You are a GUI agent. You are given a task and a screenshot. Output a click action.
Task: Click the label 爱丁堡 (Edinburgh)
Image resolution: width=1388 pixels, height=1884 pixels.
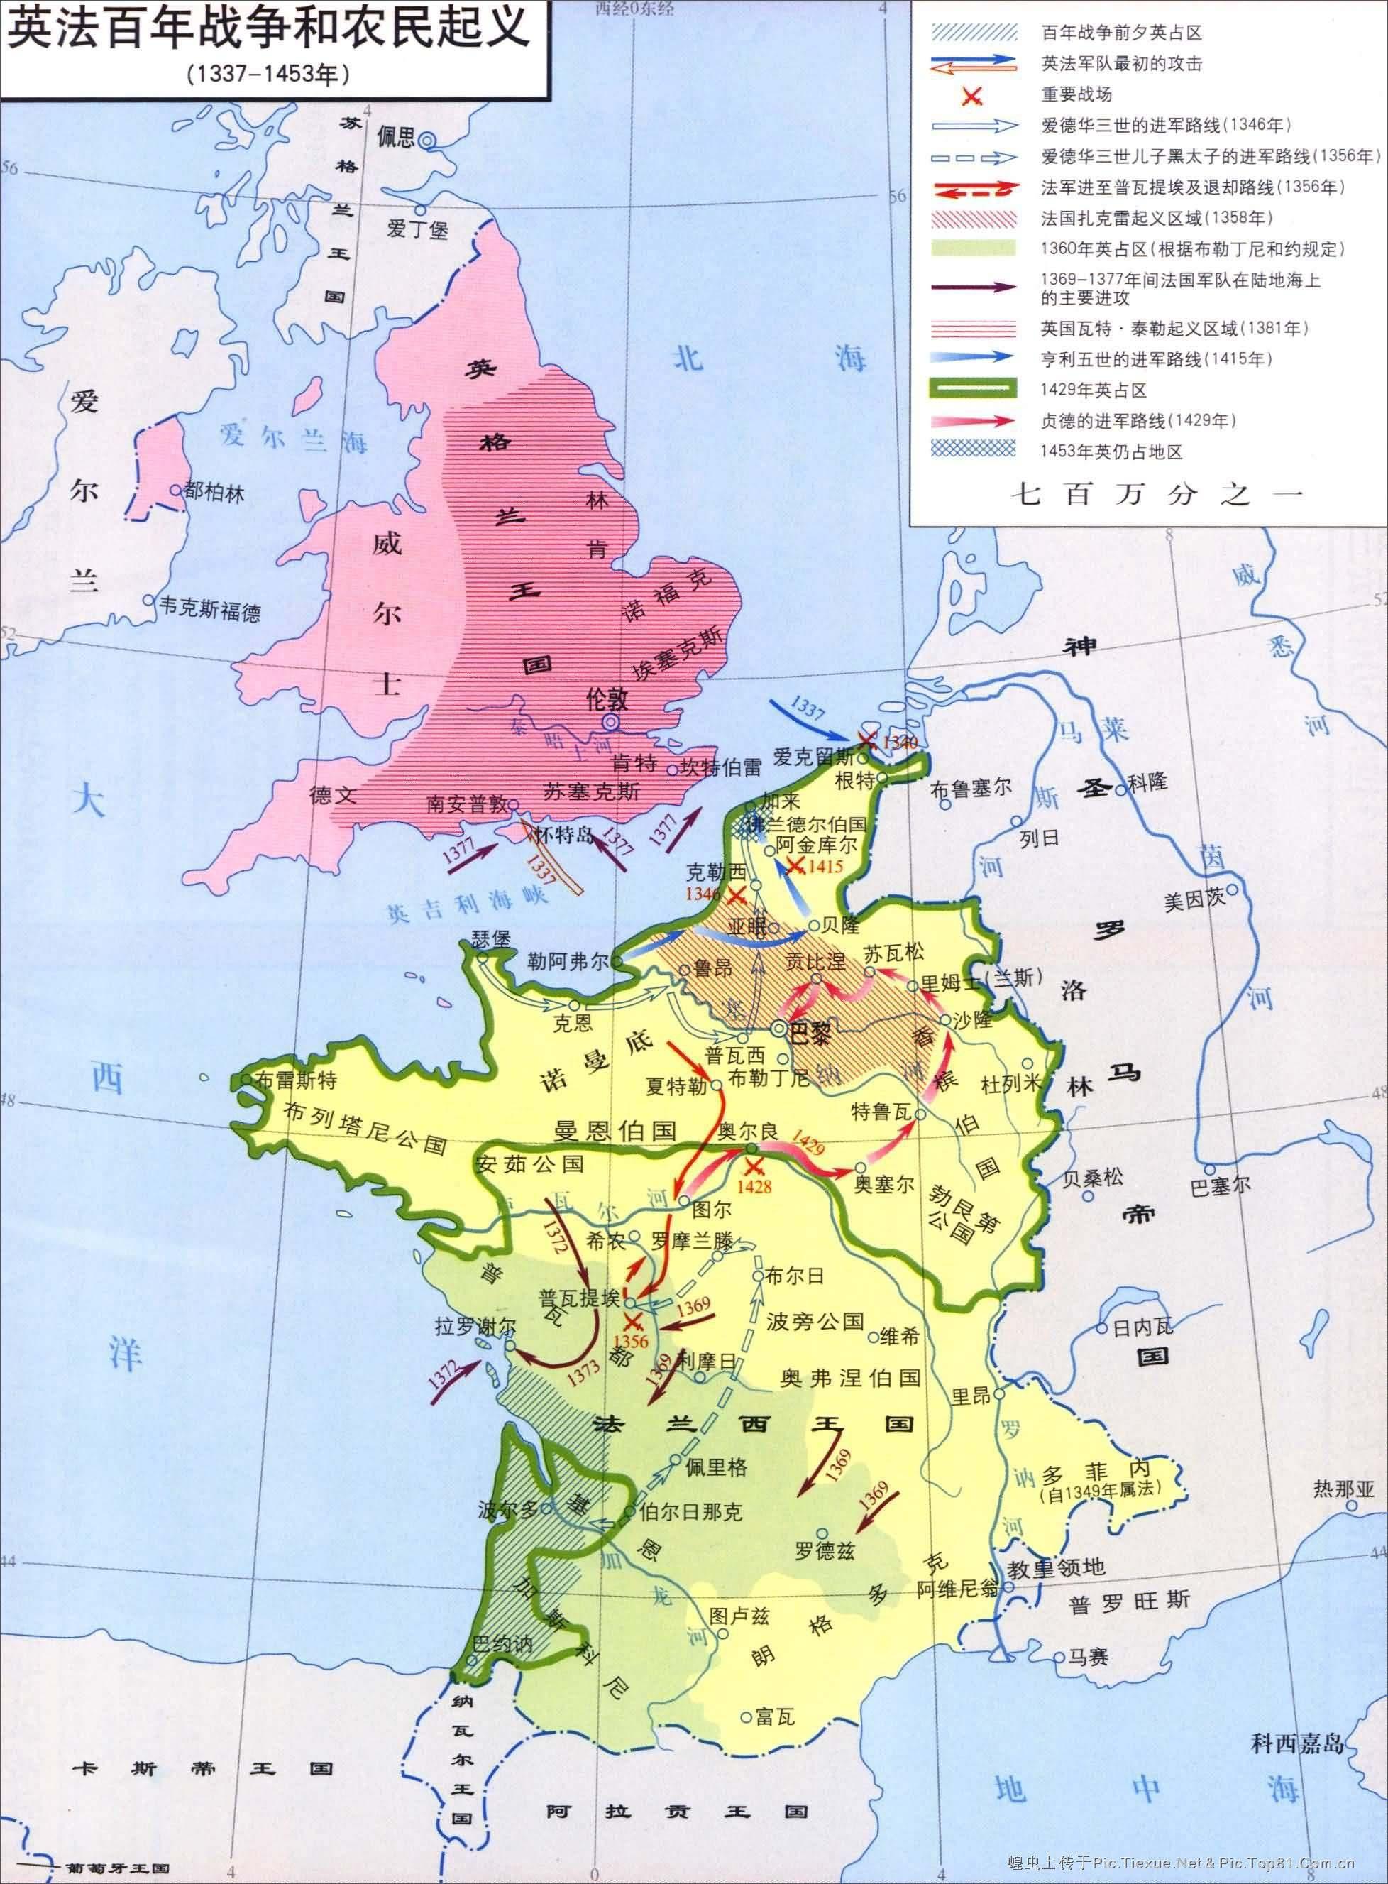[x=417, y=229]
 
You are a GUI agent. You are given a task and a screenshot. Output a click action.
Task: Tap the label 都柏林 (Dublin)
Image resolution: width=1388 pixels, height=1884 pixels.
[x=214, y=493]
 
